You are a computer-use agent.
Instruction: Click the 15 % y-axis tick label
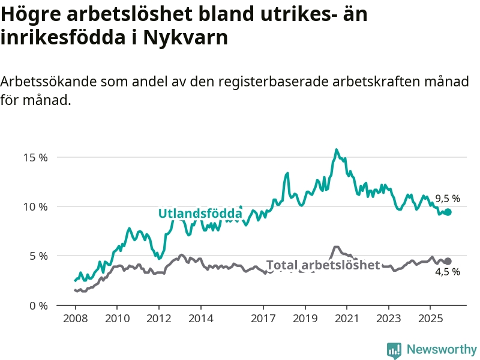coord(35,158)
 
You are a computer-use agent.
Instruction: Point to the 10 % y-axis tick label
coord(35,207)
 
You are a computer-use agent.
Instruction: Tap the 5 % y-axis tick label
coord(38,256)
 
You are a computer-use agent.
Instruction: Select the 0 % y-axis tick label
coord(38,305)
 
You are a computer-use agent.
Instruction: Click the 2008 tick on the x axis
coord(75,318)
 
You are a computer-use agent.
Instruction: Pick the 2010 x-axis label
coord(116,318)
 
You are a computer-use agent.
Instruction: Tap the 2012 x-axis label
coord(158,318)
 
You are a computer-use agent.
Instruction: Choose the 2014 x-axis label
coord(200,318)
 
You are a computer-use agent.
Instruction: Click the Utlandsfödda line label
coord(200,214)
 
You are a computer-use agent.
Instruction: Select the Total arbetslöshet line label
coord(323,265)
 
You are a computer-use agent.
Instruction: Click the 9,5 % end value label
coord(448,199)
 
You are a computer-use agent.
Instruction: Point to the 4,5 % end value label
coord(448,272)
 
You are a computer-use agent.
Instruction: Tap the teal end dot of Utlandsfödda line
coord(448,212)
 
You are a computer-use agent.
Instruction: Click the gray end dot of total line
coord(448,261)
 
